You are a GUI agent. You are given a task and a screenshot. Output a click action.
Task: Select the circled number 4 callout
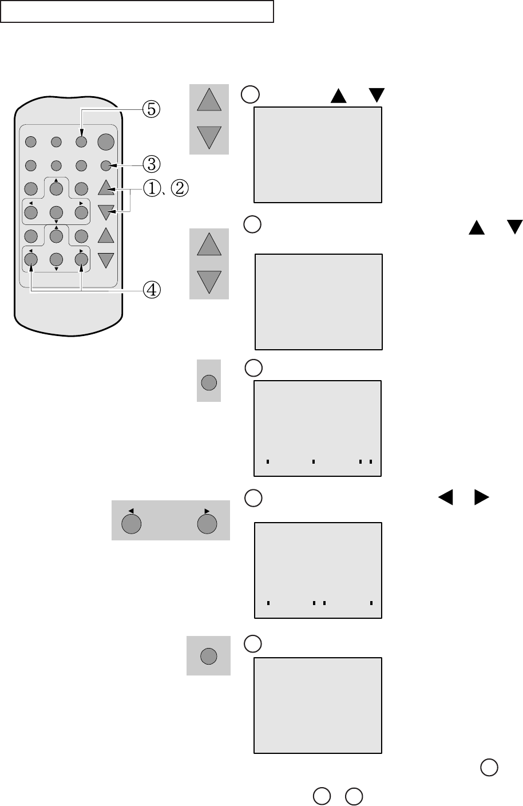pos(152,290)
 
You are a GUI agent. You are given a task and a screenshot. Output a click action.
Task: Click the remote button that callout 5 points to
pos(81,141)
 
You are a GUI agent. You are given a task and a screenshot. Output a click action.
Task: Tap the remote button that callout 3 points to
pos(105,166)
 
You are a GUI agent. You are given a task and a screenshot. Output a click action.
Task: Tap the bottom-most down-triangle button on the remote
pos(106,260)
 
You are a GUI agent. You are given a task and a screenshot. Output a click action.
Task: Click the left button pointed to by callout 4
pos(31,259)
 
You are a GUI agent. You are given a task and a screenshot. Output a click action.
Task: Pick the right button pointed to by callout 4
pos(81,259)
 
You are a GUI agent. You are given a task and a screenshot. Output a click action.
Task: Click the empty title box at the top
pos(137,11)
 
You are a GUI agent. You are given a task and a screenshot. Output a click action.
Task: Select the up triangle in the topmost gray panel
pos(209,101)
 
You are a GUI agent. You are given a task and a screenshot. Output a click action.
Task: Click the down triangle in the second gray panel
pos(209,282)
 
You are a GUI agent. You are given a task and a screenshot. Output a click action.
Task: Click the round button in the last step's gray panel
pos(208,657)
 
